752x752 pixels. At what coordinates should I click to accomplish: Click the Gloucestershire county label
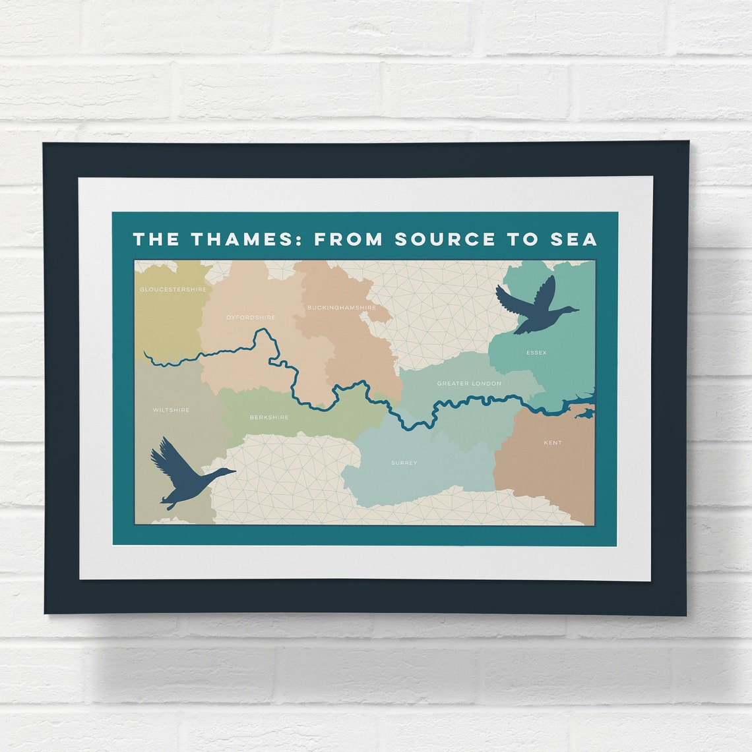point(173,289)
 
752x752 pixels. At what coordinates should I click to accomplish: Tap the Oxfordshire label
point(251,317)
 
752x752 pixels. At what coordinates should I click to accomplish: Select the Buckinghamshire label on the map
point(341,307)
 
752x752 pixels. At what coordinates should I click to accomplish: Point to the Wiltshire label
point(171,410)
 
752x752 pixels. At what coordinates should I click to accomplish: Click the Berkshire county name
point(269,417)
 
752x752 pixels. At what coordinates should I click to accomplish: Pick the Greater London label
point(469,384)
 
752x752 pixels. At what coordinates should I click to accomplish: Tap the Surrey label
point(404,463)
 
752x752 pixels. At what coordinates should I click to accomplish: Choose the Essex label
point(536,353)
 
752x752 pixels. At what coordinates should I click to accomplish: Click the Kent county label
point(553,443)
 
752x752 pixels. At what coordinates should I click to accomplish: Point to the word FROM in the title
point(348,239)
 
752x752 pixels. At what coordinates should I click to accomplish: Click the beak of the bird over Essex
point(576,309)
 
